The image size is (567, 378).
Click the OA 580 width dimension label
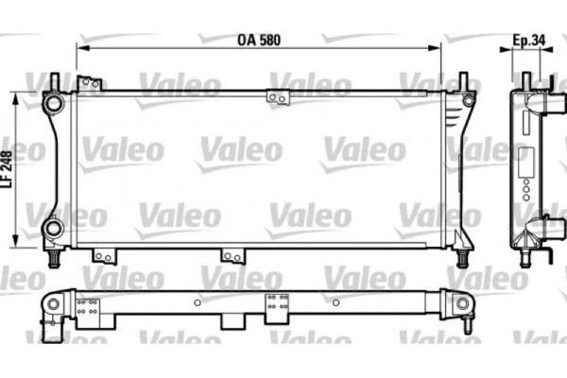pyautogui.click(x=258, y=41)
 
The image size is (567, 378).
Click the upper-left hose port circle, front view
pyautogui.click(x=53, y=101)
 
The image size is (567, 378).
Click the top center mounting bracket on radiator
pyautogui.click(x=279, y=96)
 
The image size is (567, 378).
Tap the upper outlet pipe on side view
pyautogui.click(x=542, y=101)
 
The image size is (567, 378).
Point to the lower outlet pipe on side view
pyautogui.click(x=542, y=227)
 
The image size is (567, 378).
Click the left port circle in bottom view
pyautogui.click(x=53, y=305)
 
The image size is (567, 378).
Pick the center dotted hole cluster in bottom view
pyautogui.click(x=278, y=304)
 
